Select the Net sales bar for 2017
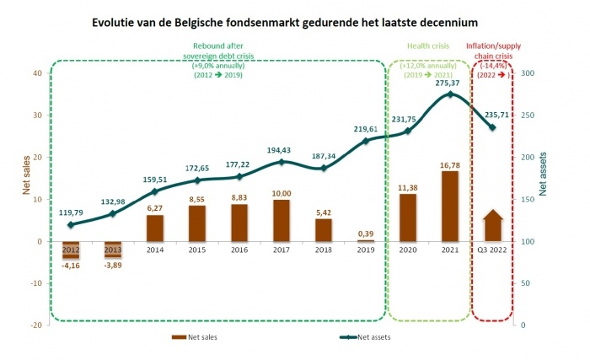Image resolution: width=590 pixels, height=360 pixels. pyautogui.click(x=282, y=220)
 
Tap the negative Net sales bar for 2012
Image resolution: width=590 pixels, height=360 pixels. pyautogui.click(x=71, y=250)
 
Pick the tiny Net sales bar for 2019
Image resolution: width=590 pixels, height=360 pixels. pyautogui.click(x=366, y=240)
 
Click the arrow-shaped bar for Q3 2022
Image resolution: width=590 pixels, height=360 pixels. pyautogui.click(x=493, y=227)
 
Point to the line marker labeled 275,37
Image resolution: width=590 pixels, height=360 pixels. pyautogui.click(x=450, y=94)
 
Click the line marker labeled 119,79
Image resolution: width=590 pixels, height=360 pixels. pyautogui.click(x=71, y=225)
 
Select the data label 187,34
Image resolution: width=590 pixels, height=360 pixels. pyautogui.click(x=324, y=156)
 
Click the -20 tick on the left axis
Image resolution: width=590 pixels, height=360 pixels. pyautogui.click(x=36, y=325)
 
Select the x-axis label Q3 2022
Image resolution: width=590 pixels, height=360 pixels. pyautogui.click(x=493, y=250)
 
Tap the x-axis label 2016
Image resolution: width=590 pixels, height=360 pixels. pyautogui.click(x=239, y=250)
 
